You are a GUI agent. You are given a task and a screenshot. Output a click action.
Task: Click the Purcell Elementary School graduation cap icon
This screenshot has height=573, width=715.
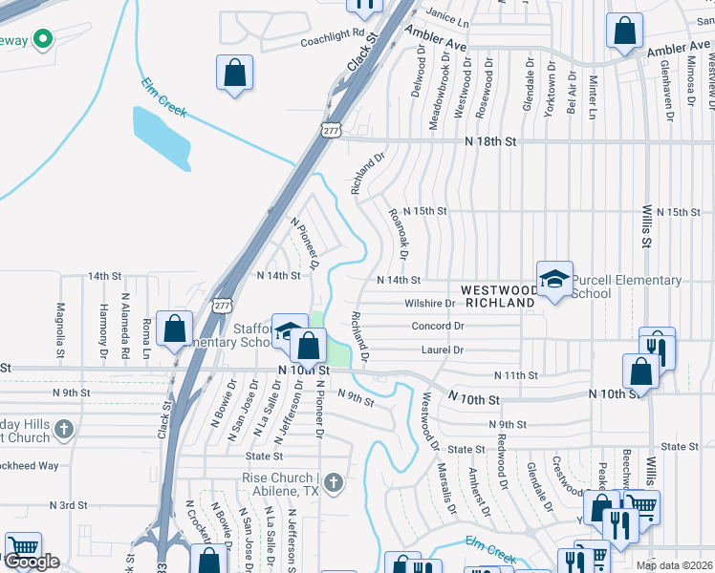[x=554, y=279]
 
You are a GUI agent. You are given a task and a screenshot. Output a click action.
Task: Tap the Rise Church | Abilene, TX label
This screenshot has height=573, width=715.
[x=279, y=484]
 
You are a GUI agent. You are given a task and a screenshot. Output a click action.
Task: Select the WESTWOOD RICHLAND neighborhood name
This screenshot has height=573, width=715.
[x=498, y=295]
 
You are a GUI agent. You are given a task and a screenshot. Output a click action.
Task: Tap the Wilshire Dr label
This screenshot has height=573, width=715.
[x=431, y=304]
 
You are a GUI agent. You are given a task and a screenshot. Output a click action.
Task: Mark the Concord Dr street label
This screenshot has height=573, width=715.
[x=438, y=326]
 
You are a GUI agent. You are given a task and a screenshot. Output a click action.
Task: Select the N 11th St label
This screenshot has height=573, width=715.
[x=517, y=375]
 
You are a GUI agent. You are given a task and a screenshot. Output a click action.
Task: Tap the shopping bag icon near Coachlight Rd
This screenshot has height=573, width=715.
[x=234, y=73]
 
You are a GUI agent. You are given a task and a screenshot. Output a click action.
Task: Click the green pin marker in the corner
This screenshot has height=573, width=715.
[x=42, y=39]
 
